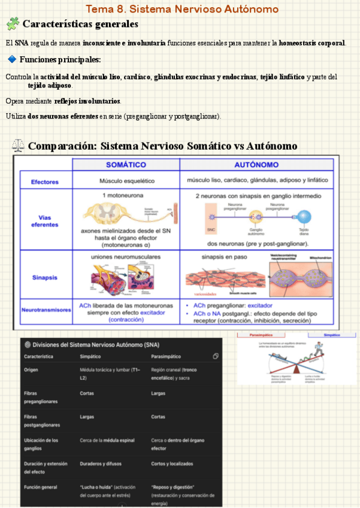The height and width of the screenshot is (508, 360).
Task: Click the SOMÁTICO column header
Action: click(126, 164)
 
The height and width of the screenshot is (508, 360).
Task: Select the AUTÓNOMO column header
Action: click(256, 164)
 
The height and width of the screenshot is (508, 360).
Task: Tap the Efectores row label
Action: click(45, 180)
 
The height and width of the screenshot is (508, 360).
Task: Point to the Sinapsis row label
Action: click(45, 277)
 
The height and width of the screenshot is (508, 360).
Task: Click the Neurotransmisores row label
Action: click(45, 310)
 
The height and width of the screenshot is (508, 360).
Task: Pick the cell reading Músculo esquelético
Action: click(126, 180)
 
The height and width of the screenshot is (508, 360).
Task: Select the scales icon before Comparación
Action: click(19, 146)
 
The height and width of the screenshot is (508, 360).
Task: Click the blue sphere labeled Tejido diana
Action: click(304, 217)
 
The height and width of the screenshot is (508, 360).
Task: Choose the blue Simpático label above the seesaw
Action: click(331, 335)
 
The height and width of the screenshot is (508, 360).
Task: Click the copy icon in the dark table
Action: click(215, 356)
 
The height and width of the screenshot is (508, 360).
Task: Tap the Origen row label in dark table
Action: click(31, 370)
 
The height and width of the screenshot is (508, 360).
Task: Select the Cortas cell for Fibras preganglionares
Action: click(86, 394)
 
